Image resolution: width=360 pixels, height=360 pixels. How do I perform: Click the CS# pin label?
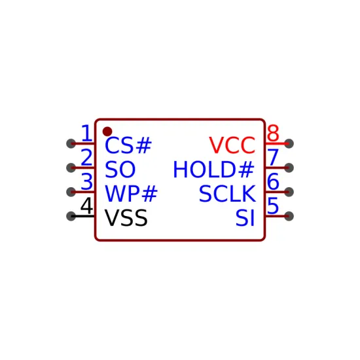point(128,145)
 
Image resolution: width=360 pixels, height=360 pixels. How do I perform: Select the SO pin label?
point(120,170)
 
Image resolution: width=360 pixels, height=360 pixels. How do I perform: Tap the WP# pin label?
point(131,194)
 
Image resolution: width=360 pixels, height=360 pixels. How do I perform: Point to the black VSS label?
point(126,218)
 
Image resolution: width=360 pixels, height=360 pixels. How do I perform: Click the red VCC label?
point(232,145)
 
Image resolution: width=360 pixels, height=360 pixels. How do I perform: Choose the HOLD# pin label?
point(213,170)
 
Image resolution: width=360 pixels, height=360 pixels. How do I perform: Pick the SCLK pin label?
point(227,194)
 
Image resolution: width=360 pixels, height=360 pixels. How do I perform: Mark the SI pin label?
point(245,218)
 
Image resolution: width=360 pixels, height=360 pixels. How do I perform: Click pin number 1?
point(87,133)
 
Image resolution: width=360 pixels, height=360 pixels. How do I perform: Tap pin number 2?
point(87,157)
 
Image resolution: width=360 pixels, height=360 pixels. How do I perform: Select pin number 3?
point(87,181)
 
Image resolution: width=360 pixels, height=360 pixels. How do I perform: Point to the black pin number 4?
point(87,206)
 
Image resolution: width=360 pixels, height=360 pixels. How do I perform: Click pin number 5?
point(273,206)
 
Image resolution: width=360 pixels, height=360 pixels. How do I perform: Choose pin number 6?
point(273,181)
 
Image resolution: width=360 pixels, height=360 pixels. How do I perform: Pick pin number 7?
point(273,157)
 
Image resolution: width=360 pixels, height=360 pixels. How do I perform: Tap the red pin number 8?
point(273,133)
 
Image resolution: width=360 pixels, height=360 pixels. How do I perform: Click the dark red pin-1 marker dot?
point(107,132)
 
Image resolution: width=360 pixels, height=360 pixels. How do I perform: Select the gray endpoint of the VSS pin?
point(71,216)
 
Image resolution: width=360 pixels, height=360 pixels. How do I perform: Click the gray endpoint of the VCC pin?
point(289,143)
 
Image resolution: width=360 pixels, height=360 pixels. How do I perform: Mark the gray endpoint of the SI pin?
point(289,216)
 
